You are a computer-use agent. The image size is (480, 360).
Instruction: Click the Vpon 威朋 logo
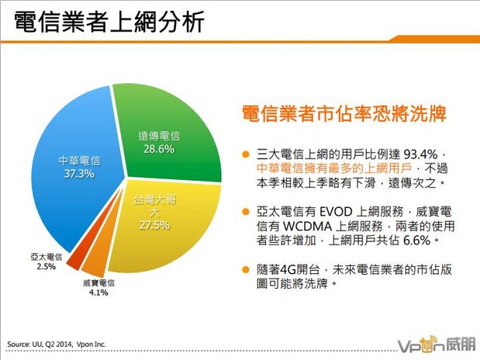tap(430, 342)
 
